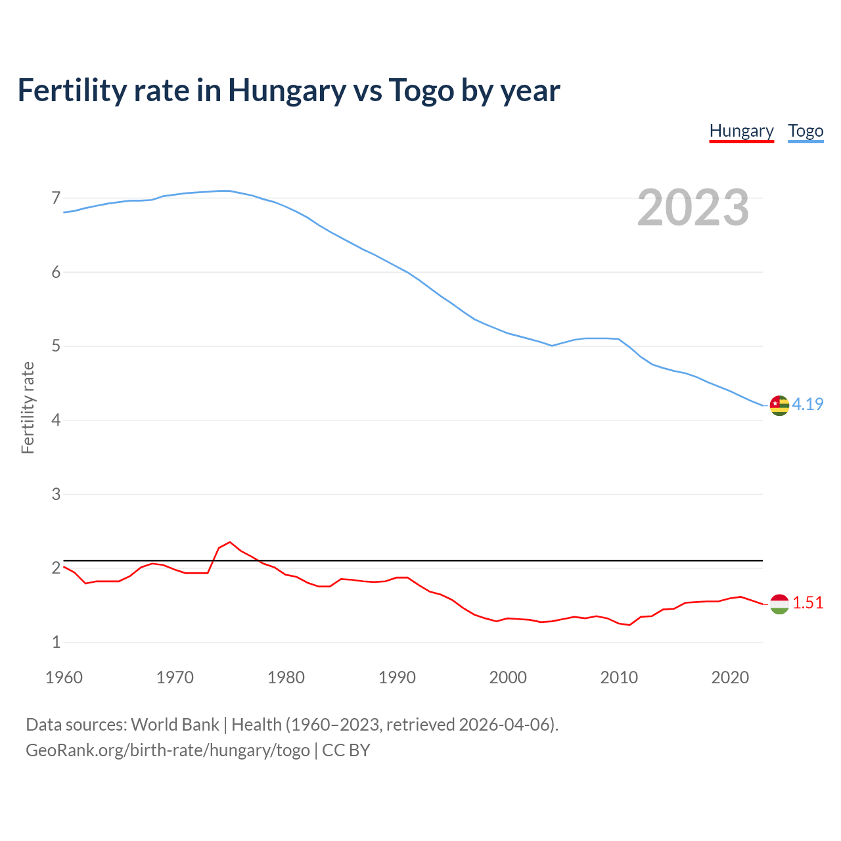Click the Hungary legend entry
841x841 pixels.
(741, 131)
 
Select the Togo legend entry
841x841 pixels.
(806, 131)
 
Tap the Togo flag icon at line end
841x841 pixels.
(779, 405)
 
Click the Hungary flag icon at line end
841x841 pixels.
(779, 604)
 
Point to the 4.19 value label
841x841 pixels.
(807, 404)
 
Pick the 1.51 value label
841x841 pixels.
(807, 602)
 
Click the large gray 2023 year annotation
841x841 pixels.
(693, 208)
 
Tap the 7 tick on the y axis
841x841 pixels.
(56, 198)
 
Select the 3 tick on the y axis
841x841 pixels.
(56, 494)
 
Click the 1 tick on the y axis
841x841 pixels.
(56, 642)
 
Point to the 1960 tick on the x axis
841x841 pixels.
(64, 677)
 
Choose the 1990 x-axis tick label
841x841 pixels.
(397, 677)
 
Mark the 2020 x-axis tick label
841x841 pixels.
(730, 677)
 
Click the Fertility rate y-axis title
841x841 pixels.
(28, 407)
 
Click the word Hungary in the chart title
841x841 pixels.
(286, 90)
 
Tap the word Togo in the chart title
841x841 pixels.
(422, 90)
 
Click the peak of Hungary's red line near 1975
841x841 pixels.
(229, 542)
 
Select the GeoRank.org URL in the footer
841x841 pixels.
(168, 750)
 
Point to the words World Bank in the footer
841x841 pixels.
(175, 724)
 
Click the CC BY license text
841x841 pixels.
(346, 750)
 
